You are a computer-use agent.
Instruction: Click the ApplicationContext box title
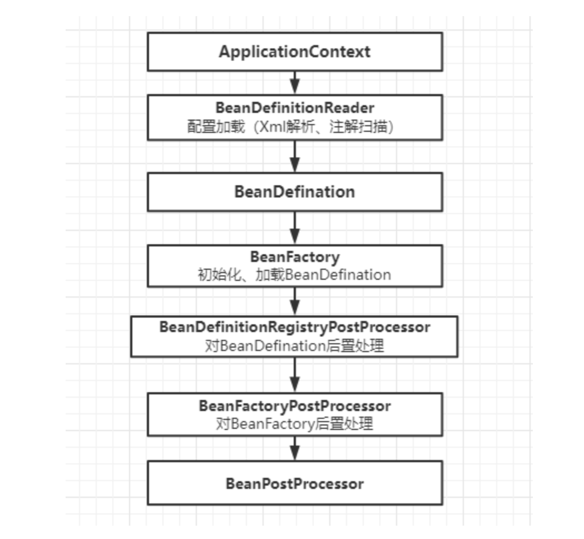pos(294,52)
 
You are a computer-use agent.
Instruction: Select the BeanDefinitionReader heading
pos(294,107)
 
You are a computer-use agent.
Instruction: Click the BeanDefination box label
pos(294,192)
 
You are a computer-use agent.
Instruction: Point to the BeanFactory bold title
pos(294,257)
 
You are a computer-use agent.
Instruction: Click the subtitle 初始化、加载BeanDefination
pos(294,274)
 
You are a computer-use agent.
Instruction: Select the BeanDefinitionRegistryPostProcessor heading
pos(294,327)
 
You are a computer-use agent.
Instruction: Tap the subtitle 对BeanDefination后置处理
pos(294,345)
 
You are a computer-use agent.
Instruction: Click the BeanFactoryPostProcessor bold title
pos(294,406)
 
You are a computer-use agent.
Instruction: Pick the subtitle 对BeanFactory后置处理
pos(294,424)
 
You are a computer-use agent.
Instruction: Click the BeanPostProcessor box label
pos(294,483)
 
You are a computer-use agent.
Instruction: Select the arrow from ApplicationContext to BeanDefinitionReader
pos(295,82)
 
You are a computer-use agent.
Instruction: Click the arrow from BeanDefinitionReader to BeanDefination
pos(295,156)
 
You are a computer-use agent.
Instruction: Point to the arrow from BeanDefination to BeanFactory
pos(295,228)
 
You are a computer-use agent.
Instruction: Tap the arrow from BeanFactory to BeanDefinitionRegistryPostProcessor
pos(295,301)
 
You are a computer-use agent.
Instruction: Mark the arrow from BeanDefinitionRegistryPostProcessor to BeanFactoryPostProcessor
pos(295,375)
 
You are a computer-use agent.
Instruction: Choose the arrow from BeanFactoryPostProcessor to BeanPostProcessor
pos(295,448)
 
